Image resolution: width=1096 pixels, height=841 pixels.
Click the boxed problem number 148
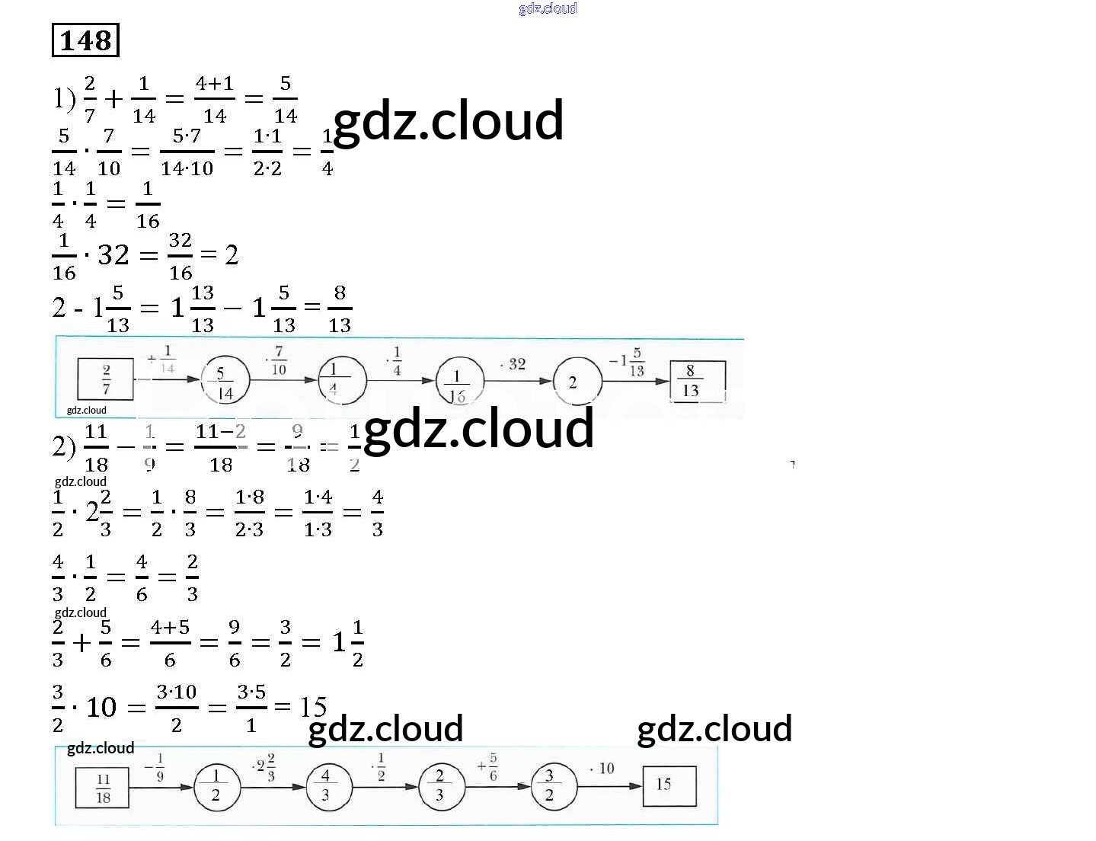[85, 40]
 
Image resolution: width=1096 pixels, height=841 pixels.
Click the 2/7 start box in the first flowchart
[106, 379]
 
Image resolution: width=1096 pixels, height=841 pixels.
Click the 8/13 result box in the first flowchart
[696, 380]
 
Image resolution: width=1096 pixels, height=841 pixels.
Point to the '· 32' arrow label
[513, 364]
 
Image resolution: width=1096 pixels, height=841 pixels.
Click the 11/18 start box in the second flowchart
[103, 788]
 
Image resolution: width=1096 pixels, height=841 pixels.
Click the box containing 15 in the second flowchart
[669, 785]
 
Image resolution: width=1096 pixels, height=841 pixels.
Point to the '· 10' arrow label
[602, 768]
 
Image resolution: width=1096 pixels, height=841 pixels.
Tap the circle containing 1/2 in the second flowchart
[216, 786]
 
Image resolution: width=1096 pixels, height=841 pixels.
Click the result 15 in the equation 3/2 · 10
[313, 707]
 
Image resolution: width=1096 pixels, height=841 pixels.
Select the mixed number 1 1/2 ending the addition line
[348, 642]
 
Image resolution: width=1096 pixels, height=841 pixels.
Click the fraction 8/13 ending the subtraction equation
[340, 309]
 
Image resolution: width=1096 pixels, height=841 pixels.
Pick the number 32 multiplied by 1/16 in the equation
[113, 255]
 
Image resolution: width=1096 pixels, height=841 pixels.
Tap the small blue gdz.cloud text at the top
[548, 8]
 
